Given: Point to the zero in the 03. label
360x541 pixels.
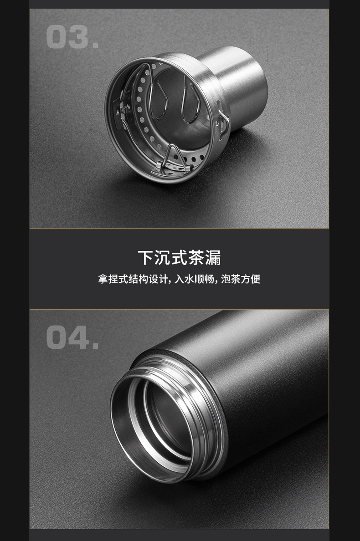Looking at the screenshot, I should (57, 37).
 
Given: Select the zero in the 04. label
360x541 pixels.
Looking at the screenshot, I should (57, 337).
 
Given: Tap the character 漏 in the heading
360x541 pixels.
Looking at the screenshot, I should (213, 258).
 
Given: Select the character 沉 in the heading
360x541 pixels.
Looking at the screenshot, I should (162, 258).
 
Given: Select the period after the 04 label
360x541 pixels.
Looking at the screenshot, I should (95, 347).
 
